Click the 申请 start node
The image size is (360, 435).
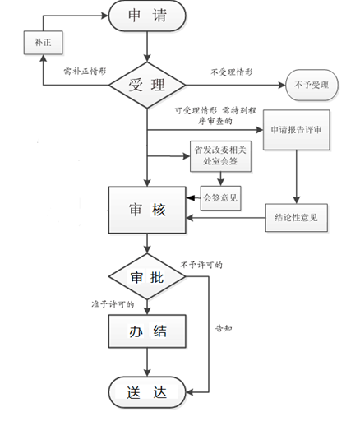pyautogui.click(x=147, y=16)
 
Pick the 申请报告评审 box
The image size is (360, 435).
pyautogui.click(x=295, y=130)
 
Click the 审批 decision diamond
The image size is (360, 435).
pyautogui.click(x=147, y=277)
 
